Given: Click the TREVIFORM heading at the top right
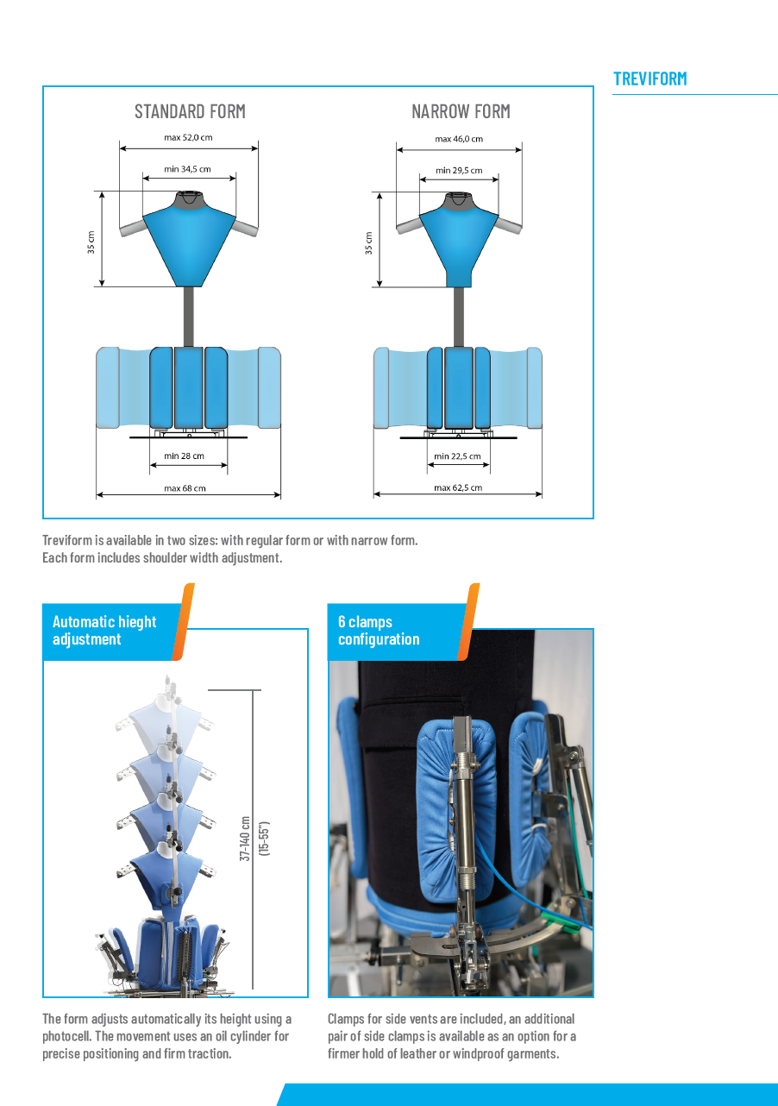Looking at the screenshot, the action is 649,79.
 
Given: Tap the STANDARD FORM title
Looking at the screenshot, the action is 190,111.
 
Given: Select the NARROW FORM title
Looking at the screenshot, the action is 461,111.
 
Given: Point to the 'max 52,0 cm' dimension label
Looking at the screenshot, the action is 188,138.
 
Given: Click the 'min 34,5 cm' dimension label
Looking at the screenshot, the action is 187,169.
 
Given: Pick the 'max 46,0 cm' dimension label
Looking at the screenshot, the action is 459,139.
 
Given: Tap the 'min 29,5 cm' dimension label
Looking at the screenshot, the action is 459,171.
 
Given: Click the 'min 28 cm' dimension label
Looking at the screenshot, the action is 184,456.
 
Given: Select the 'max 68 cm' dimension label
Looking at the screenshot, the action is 185,488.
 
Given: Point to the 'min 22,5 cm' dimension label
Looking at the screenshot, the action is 457,456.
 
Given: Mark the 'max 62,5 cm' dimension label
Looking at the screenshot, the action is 458,487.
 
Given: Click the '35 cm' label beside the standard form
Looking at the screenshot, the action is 91,242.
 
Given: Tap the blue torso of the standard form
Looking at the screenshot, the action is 189,245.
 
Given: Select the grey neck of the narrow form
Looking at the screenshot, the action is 459,202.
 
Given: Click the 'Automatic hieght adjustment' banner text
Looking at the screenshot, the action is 104,631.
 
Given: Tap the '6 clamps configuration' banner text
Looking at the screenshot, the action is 379,631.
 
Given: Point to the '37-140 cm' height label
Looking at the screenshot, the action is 245,839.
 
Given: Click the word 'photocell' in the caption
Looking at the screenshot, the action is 66,1036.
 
